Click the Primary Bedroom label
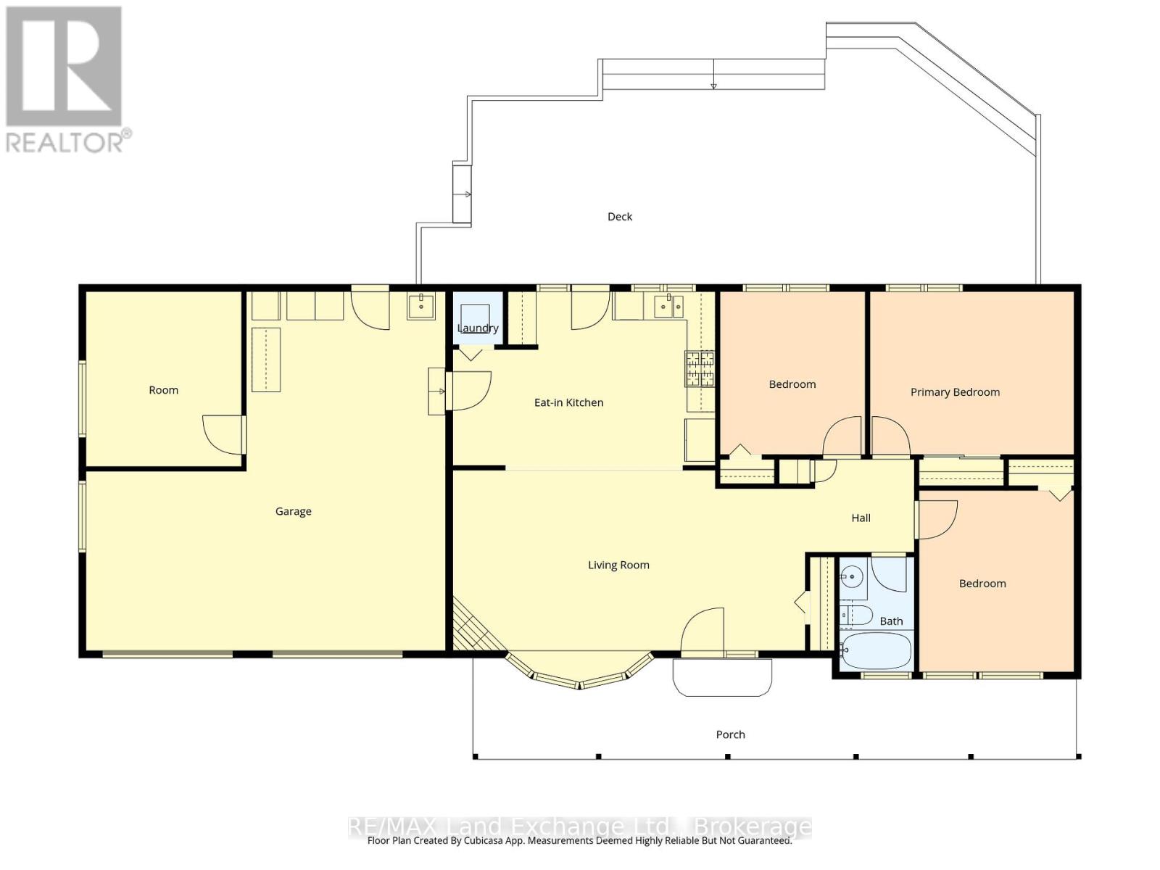pyautogui.click(x=954, y=392)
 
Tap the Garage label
pyautogui.click(x=294, y=511)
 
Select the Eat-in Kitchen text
pyautogui.click(x=568, y=402)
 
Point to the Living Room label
pyautogui.click(x=618, y=565)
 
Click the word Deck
pyautogui.click(x=620, y=217)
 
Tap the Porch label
pyautogui.click(x=730, y=734)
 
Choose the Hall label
pyautogui.click(x=861, y=518)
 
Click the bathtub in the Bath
pyautogui.click(x=876, y=652)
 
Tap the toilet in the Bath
pyautogui.click(x=855, y=616)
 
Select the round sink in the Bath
pyautogui.click(x=851, y=576)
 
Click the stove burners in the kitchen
pyautogui.click(x=700, y=369)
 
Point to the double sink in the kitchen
pyautogui.click(x=668, y=307)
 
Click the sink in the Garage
pyautogui.click(x=420, y=307)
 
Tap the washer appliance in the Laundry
pyautogui.click(x=475, y=318)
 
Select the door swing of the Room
pyautogui.click(x=223, y=435)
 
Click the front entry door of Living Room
pyautogui.click(x=703, y=631)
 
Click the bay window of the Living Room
pyautogui.click(x=579, y=673)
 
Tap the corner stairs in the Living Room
pyautogui.click(x=476, y=626)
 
